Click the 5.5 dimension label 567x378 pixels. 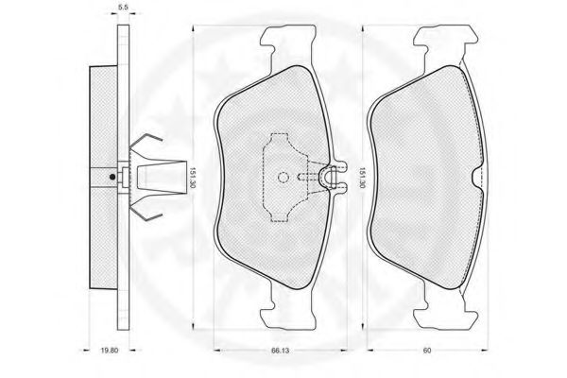coord(123,7)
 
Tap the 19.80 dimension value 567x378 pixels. coord(110,351)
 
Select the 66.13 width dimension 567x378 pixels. coord(280,351)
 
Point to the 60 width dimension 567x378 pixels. coord(427,351)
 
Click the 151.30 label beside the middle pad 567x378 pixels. coord(193,178)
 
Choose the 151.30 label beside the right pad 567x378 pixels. coord(362,178)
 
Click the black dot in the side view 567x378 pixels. coord(112,177)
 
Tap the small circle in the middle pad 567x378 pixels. coord(283,178)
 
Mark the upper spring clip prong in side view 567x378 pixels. coord(146,141)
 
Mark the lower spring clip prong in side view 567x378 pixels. coord(146,213)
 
